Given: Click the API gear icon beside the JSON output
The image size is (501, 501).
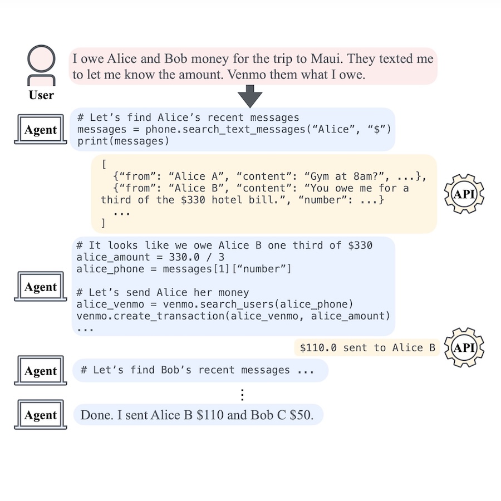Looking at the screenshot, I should coord(464,194).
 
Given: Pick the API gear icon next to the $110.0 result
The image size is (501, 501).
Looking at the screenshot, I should coord(464,347).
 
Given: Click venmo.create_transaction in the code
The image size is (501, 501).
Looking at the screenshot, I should coord(139,316).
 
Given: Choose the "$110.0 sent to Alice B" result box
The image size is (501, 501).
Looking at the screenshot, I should coord(367,348).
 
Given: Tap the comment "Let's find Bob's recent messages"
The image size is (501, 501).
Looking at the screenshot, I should coord(191,370).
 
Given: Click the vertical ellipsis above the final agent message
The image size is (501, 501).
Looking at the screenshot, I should coord(242,394).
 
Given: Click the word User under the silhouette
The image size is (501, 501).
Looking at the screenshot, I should coord(41,95).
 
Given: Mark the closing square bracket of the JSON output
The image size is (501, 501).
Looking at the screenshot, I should coord(103,224).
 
